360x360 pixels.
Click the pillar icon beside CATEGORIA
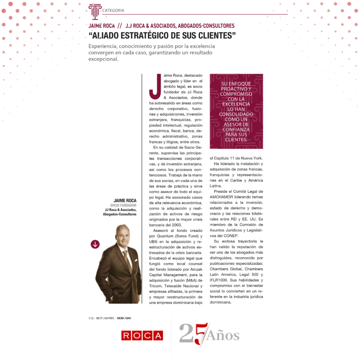[x=94, y=12]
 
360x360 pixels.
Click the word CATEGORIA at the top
[x=113, y=11]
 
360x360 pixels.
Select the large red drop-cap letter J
[x=155, y=87]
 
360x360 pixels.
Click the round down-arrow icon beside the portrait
[x=95, y=244]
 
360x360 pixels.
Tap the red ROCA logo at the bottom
[x=142, y=335]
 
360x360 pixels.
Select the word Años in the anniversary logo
[x=223, y=336]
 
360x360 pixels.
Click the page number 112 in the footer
[x=91, y=318]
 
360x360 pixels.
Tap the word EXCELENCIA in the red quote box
[x=236, y=104]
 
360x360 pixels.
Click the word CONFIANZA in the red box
[x=236, y=129]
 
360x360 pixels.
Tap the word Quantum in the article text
[x=163, y=236]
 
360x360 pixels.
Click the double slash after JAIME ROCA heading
[x=120, y=26]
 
